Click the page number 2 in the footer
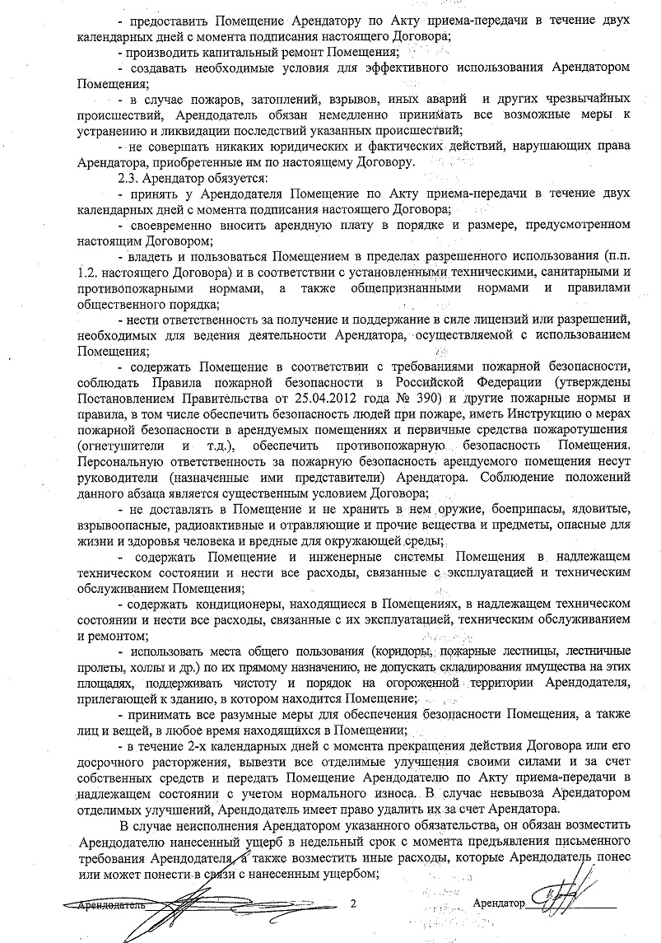click(352, 903)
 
